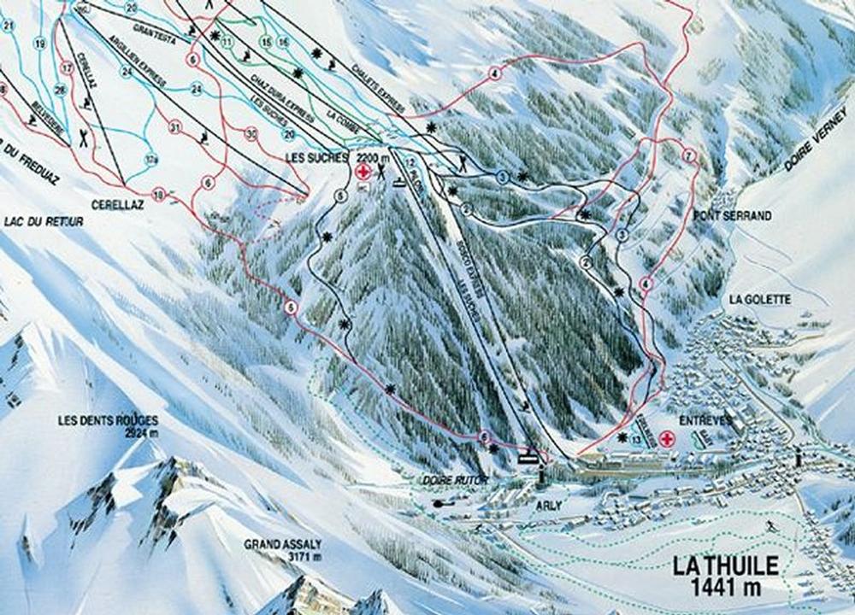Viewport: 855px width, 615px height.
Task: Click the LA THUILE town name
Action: pos(725,566)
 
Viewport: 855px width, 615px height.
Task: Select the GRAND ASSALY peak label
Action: pos(283,544)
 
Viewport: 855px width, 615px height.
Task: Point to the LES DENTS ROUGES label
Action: pos(108,420)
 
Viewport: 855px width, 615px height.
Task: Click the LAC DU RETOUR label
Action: pos(43,222)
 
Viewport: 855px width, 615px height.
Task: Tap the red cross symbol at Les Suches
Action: pos(363,173)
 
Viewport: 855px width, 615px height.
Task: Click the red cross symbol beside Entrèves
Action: pos(665,438)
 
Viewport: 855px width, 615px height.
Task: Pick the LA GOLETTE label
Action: pos(760,299)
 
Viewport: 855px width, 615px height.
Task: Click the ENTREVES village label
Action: pos(702,421)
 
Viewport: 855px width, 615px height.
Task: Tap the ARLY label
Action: pos(548,506)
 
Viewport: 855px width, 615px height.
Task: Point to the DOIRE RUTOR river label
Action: pos(450,481)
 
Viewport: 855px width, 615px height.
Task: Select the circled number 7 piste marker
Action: pos(688,155)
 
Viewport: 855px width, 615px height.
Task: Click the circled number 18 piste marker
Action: pos(158,196)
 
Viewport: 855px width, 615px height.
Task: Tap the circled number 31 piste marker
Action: pos(176,128)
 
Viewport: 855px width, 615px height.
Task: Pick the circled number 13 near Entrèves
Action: pos(637,439)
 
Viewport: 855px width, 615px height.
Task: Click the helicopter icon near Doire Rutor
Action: pos(442,504)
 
